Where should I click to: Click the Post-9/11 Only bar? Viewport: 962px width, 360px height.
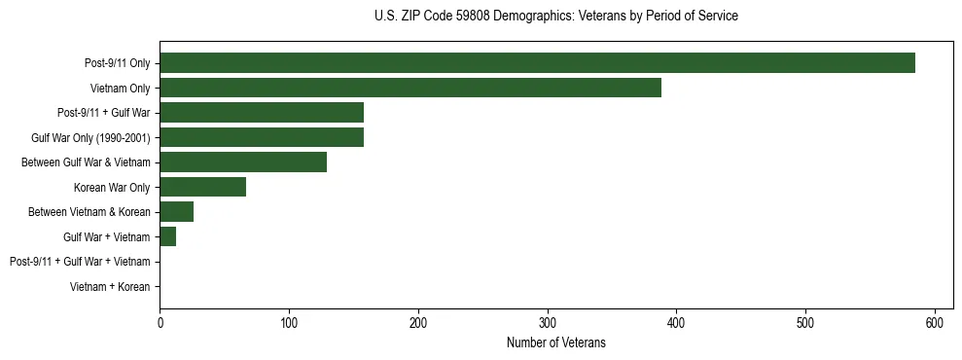click(537, 63)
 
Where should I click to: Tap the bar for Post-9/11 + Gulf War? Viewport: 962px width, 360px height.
click(262, 112)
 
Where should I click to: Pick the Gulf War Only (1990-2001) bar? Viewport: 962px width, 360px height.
click(262, 137)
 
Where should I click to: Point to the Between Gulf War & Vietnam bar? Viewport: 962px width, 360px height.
click(243, 162)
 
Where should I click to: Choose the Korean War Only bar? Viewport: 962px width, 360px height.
click(202, 187)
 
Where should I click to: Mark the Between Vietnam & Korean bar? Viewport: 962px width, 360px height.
click(176, 212)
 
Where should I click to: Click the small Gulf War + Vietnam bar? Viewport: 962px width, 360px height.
click(167, 236)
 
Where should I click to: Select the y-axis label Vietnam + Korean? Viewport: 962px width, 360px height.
click(110, 287)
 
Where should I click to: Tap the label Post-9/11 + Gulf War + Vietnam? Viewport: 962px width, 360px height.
click(80, 262)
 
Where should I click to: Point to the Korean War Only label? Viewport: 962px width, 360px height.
click(112, 187)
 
